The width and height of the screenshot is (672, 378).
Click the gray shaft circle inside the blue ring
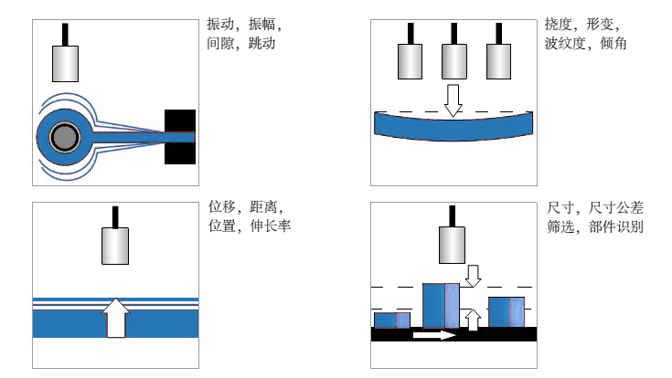(63, 138)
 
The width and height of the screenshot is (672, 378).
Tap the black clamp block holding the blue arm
(179, 137)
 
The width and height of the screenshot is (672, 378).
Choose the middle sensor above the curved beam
(454, 61)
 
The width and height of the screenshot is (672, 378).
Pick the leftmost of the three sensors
(409, 61)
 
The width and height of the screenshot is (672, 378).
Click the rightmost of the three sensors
(499, 61)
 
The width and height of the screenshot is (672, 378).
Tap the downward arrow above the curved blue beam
(453, 99)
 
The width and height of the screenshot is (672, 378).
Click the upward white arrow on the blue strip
(114, 318)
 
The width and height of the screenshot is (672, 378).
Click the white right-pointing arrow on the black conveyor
(433, 335)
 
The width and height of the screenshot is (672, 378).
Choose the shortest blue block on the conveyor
(391, 320)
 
